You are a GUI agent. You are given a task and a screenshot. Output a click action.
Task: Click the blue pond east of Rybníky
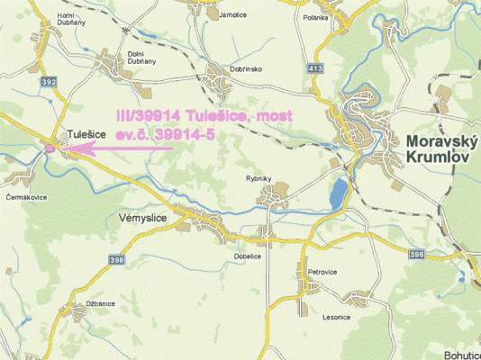click(338, 191)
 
